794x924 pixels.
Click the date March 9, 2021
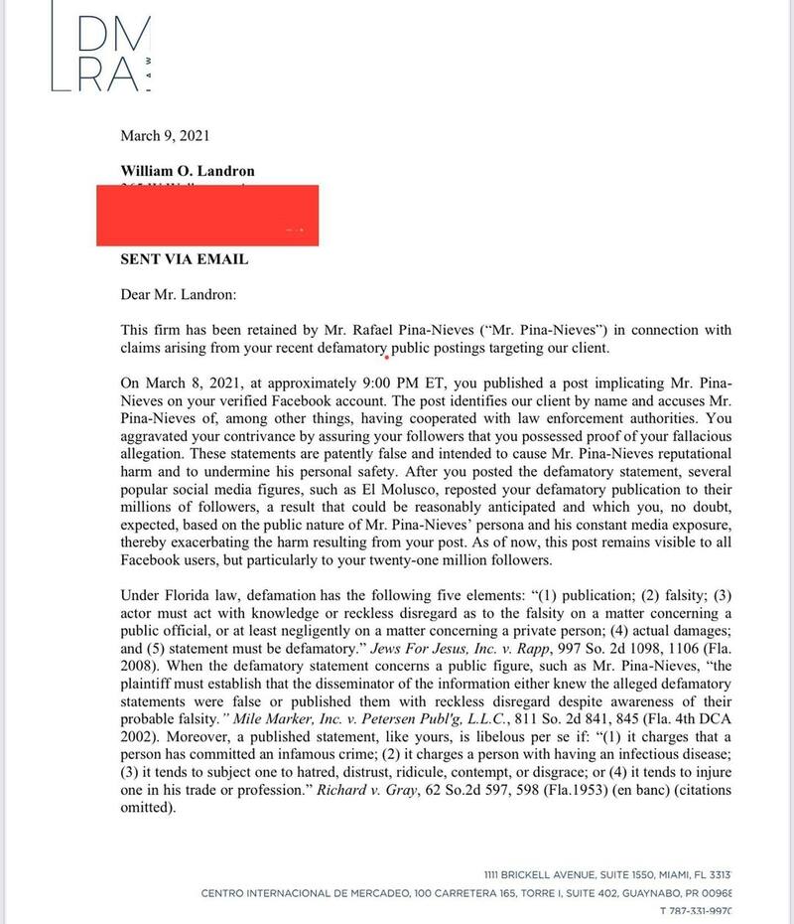pyautogui.click(x=165, y=136)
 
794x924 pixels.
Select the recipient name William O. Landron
pyautogui.click(x=188, y=171)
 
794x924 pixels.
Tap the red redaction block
pyautogui.click(x=207, y=215)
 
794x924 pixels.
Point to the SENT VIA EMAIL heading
pyautogui.click(x=185, y=260)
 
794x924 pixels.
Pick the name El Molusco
pyautogui.click(x=459, y=490)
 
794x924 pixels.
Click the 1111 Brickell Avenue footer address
pyautogui.click(x=607, y=874)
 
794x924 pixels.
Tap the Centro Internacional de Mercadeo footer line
pyautogui.click(x=466, y=893)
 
